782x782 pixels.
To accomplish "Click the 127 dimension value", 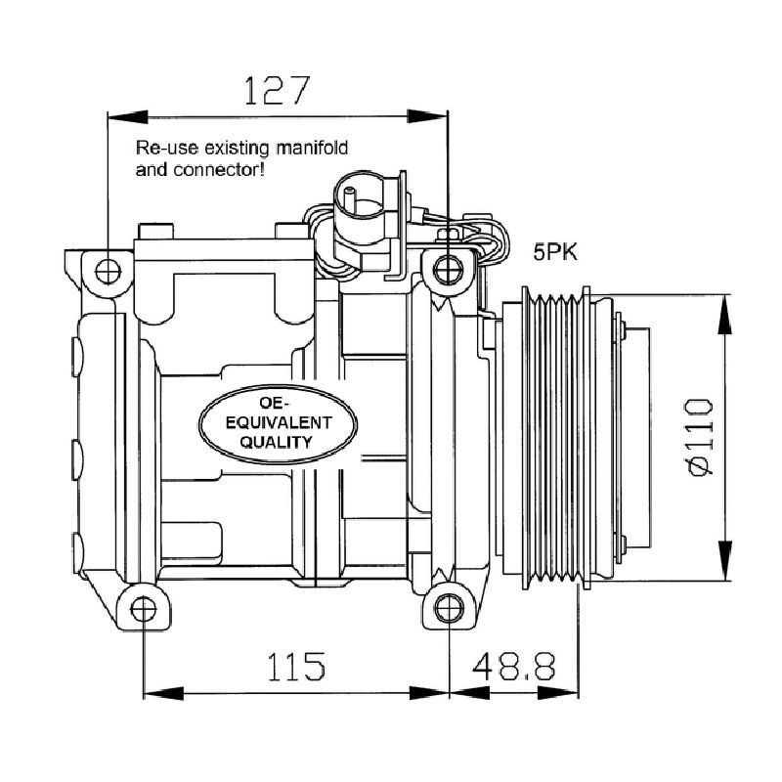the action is (278, 90).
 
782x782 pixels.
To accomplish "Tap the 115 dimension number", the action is (296, 667).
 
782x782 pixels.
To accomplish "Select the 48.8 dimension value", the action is (514, 667).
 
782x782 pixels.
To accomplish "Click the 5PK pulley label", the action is (555, 252).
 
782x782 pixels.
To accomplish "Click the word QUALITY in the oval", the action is (277, 442).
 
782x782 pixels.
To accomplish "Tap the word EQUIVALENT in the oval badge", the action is (279, 423).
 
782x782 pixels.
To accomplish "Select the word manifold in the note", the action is (312, 148).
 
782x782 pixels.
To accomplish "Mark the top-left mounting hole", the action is (108, 272).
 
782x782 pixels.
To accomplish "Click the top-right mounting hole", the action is (449, 270).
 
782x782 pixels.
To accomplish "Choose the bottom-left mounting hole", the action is (144, 609).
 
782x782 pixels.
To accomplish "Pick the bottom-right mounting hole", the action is (449, 609).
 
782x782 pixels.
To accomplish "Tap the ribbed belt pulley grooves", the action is (555, 438).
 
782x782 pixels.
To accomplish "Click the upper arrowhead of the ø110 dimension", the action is (724, 314).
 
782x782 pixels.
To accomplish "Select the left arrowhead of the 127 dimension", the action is (128, 117).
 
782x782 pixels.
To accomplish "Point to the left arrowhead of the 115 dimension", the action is (163, 693).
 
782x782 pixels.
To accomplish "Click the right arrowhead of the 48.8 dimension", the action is (558, 693).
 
